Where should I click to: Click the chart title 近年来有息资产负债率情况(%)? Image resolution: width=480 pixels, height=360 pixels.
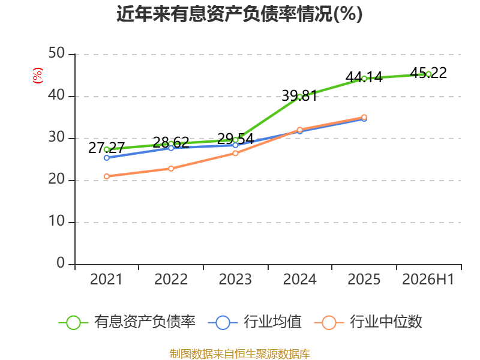point(239,14)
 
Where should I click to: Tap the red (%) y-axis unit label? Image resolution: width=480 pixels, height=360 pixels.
point(38,76)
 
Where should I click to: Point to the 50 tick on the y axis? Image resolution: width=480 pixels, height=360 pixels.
point(56,53)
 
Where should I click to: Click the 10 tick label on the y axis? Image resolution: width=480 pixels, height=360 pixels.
point(56,221)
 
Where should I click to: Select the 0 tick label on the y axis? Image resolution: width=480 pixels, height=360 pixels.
point(61,263)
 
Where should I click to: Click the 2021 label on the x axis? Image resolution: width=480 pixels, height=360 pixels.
point(106,279)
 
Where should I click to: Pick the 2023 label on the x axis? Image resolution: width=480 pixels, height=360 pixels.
point(235,279)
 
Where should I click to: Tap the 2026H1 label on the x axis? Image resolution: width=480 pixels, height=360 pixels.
point(428,279)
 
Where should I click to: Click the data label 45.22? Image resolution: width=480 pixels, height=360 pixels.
point(428,73)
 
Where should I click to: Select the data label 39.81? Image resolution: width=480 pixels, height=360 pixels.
point(299,96)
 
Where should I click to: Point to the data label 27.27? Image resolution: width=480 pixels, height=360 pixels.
point(106,148)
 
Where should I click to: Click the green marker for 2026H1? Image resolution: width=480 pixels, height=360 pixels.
point(428,74)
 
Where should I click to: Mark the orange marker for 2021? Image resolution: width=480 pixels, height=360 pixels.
point(107,176)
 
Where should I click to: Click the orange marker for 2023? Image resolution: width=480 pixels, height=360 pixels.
point(235,153)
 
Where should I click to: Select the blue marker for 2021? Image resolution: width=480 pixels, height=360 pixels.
point(107,158)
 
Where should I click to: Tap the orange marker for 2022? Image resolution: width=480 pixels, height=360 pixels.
point(171,169)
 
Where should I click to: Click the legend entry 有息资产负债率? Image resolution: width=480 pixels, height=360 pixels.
point(127,322)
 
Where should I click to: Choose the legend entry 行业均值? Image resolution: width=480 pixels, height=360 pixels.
point(254,322)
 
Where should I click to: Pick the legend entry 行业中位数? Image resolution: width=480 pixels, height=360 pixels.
point(368,322)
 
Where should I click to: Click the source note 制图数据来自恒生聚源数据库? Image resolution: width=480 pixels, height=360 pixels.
point(240,354)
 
